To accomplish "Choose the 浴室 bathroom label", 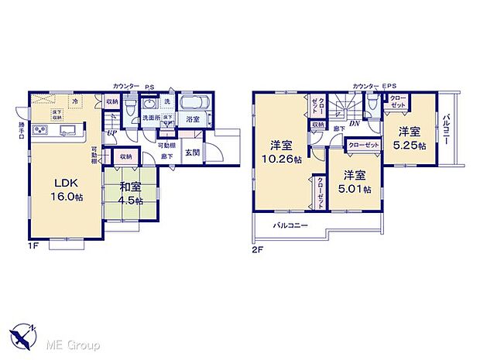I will pyautogui.click(x=193, y=119).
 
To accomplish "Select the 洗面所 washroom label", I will pyautogui.click(x=150, y=118).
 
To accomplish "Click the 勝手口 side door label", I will pyautogui.click(x=22, y=128).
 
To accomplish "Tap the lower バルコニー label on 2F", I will pyautogui.click(x=291, y=225).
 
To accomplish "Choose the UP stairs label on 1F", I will pyautogui.click(x=112, y=132).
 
